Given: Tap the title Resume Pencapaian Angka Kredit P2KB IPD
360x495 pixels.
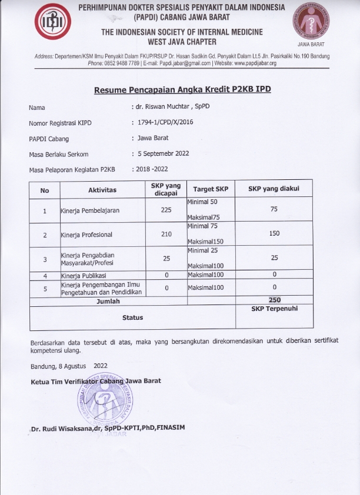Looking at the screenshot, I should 182,89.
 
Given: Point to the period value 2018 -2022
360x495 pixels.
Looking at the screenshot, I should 152,169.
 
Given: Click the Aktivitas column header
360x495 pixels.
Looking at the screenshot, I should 102,190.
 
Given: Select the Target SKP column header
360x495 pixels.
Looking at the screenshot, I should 210,190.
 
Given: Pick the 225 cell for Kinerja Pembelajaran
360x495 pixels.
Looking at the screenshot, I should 166,210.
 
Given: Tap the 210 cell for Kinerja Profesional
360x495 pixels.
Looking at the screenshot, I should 166,235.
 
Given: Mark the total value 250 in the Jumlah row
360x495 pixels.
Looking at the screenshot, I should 274,300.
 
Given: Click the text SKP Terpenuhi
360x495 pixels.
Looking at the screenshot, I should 274,308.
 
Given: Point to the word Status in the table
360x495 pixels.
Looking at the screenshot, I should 132,317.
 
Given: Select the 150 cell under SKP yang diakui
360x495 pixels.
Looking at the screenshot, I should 274,234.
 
